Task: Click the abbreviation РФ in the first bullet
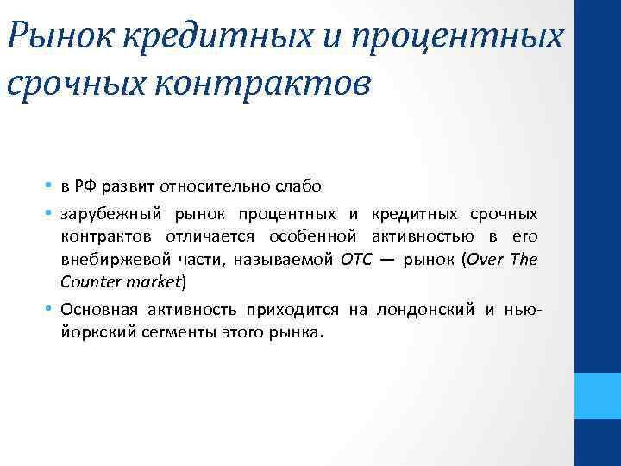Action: coord(84,186)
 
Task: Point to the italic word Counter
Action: coord(91,281)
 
